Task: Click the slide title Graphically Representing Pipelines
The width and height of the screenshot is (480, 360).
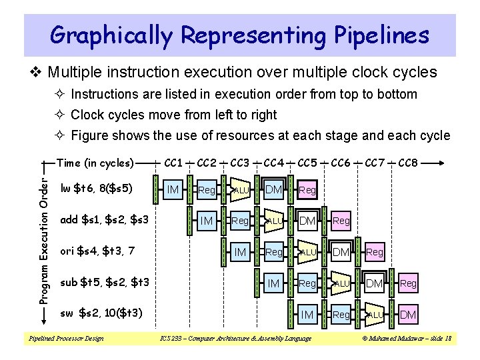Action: (x=240, y=34)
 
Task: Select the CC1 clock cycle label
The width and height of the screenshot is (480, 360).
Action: (x=173, y=163)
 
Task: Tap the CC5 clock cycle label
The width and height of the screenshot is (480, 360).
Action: (x=307, y=163)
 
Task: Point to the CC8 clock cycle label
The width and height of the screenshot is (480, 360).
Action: (x=408, y=163)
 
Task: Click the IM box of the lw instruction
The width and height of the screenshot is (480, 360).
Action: (x=173, y=190)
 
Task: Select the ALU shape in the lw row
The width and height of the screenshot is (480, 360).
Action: (x=241, y=191)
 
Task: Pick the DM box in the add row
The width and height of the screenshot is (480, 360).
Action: (x=307, y=221)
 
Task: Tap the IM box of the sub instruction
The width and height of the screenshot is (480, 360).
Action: (x=274, y=283)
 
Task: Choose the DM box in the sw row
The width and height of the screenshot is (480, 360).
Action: (x=408, y=314)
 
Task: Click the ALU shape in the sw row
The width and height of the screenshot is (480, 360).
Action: (x=375, y=314)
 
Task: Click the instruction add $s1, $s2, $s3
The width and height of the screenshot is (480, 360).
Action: (x=104, y=219)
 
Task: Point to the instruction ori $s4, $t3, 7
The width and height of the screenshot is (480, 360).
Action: (x=97, y=251)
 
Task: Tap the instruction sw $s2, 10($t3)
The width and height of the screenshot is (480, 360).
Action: (x=102, y=313)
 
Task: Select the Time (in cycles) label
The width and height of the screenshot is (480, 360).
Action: (x=96, y=163)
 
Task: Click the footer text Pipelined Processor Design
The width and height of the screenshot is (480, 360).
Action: (x=65, y=339)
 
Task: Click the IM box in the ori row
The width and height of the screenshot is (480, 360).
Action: (x=241, y=252)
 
